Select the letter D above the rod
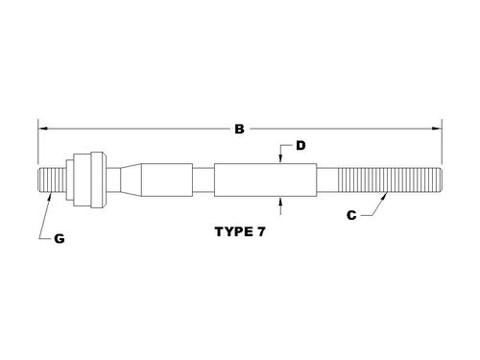click(300, 146)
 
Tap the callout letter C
click(351, 216)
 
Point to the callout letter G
click(58, 238)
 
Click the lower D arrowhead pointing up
click(280, 199)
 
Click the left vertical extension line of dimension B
click(37, 144)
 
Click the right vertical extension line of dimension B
click(442, 144)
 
